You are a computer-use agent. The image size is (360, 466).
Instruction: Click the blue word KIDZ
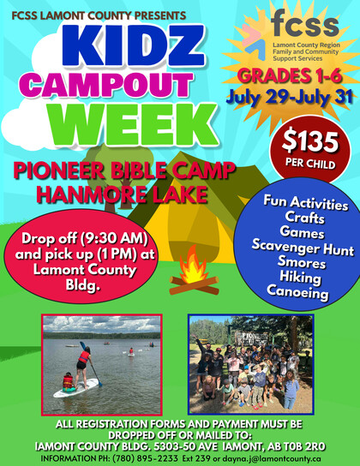pos(134,45)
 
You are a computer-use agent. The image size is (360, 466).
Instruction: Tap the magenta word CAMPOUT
pos(105,85)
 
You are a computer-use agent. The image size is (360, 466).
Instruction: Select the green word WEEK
pos(135,124)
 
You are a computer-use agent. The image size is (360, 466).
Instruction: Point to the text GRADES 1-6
pos(290,76)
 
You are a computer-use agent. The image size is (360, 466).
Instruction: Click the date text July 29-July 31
pos(289,97)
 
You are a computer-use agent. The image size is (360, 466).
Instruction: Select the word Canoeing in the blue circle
pos(297,293)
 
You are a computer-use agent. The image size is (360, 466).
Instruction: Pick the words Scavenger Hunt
pos(303,248)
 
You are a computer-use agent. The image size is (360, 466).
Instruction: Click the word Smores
pos(302,262)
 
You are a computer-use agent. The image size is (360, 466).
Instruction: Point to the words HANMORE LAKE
pos(123,194)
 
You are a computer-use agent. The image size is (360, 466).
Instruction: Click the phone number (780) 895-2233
pos(145,458)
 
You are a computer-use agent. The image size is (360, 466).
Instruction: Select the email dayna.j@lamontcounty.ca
pos(272,458)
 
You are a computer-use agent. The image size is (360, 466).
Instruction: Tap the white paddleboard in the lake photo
pos(75,388)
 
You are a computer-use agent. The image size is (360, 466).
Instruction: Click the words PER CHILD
pos(310,164)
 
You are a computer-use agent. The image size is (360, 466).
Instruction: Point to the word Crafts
pos(304,218)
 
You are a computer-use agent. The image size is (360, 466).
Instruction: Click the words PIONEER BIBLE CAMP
pos(124,170)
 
